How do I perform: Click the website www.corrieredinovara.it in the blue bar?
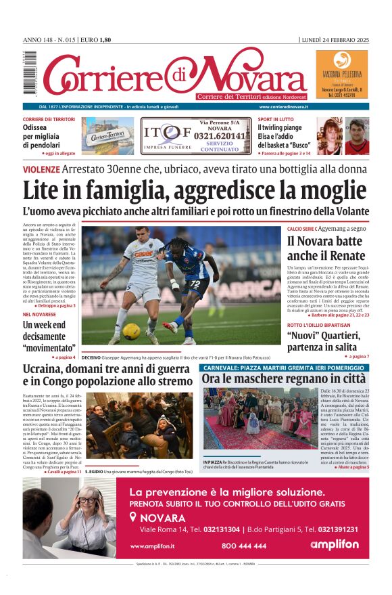pos(284,107)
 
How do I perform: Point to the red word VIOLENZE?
pos(41,169)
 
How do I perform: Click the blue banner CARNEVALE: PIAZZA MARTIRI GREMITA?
pos(284,367)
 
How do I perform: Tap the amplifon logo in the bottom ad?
pos(335,544)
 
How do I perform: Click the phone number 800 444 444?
pos(244,545)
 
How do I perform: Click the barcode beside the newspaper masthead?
pos(26,72)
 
